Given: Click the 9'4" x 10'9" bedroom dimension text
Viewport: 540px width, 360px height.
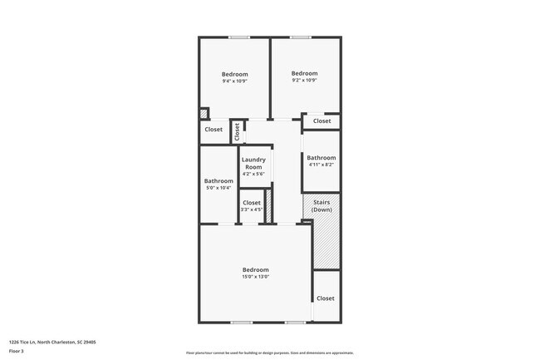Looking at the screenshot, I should pyautogui.click(x=234, y=81).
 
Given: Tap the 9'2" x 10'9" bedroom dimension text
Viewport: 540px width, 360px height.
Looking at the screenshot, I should pyautogui.click(x=304, y=81).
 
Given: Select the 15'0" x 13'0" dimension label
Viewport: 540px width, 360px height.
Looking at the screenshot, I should pyautogui.click(x=255, y=277).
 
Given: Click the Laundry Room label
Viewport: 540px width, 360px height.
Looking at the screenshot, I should pyautogui.click(x=253, y=163).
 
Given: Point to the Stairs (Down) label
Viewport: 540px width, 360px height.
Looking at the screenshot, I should pyautogui.click(x=322, y=205).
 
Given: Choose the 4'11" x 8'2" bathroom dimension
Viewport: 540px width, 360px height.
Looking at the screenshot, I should pyautogui.click(x=321, y=165).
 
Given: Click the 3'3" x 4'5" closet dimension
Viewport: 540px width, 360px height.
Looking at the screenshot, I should pyautogui.click(x=251, y=210).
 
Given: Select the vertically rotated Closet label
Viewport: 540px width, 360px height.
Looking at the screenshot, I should pyautogui.click(x=237, y=131).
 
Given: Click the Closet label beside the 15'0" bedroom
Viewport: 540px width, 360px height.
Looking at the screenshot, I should pyautogui.click(x=325, y=298).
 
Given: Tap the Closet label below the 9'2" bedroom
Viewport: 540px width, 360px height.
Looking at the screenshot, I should pyautogui.click(x=322, y=121).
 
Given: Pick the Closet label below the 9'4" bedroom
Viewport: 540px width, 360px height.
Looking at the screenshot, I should pyautogui.click(x=214, y=130).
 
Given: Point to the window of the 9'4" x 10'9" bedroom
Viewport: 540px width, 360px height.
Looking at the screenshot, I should pyautogui.click(x=239, y=37).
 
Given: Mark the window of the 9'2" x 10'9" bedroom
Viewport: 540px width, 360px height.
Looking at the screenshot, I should pyautogui.click(x=300, y=37).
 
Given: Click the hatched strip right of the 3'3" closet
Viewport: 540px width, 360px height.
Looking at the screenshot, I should pyautogui.click(x=269, y=206).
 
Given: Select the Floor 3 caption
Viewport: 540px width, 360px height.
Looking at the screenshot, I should pyautogui.click(x=16, y=351).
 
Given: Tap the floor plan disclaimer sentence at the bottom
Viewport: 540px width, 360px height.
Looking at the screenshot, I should pyautogui.click(x=269, y=353).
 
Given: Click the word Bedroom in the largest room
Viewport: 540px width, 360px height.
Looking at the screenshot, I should pyautogui.click(x=255, y=269).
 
